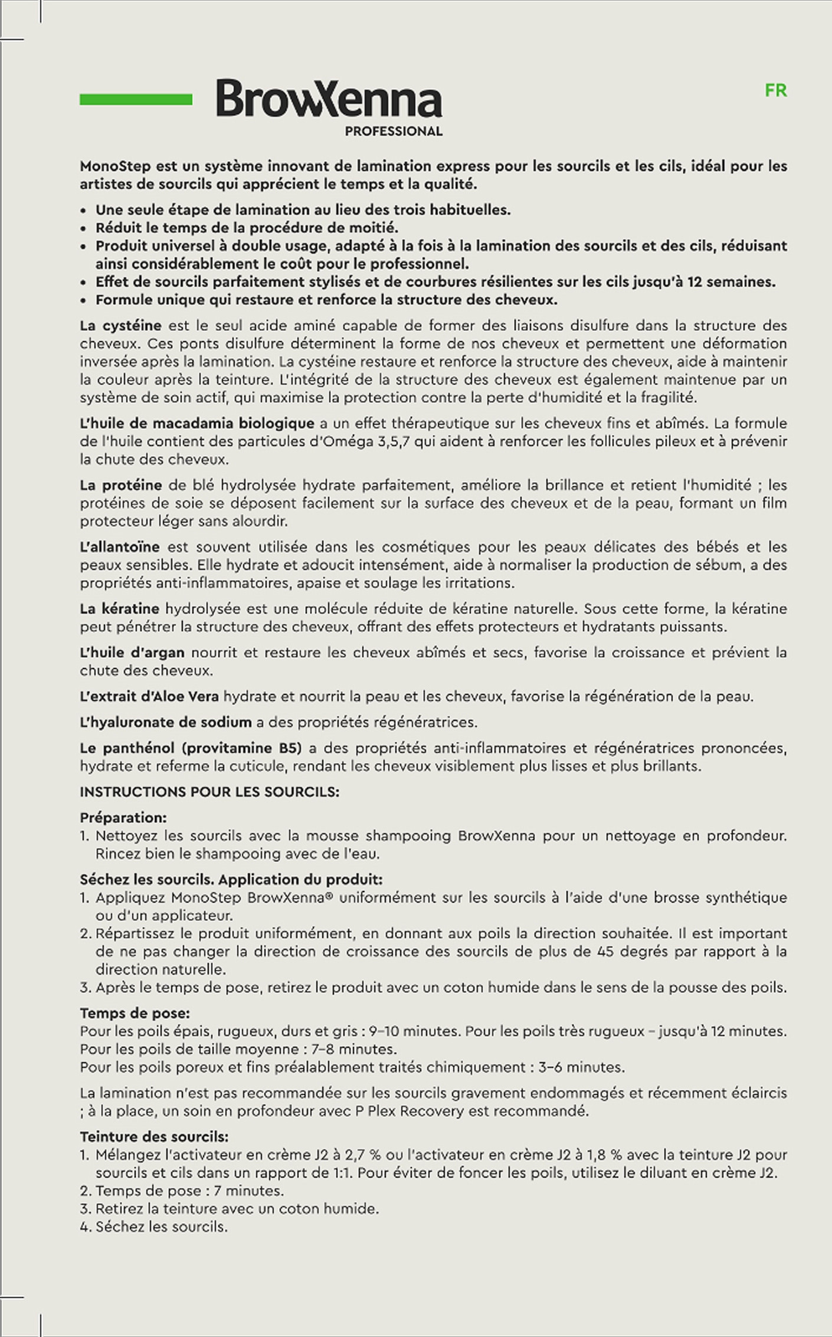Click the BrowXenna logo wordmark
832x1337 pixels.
[329, 99]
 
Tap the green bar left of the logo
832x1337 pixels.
[136, 99]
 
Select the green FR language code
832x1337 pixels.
[775, 91]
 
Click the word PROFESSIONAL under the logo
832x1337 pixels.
[394, 132]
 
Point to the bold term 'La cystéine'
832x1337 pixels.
[120, 326]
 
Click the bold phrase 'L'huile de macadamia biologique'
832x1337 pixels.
[196, 423]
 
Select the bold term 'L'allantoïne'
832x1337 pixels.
[119, 547]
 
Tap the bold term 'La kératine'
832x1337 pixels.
[119, 608]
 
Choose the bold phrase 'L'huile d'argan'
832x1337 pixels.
[132, 653]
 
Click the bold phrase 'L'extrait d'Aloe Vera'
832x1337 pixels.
[149, 696]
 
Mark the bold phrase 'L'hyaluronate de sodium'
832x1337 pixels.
[167, 722]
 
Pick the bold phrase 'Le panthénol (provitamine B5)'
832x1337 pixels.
[191, 748]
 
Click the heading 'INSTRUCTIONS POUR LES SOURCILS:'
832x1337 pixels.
[209, 792]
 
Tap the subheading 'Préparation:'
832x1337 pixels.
[123, 818]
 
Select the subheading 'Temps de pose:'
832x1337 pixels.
[135, 1013]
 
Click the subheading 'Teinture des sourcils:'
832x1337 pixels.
[154, 1136]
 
